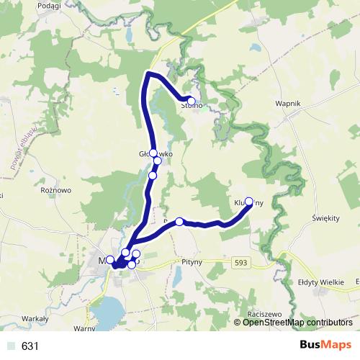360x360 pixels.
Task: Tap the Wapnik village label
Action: point(287,104)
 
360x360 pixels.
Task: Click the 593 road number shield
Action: point(242,264)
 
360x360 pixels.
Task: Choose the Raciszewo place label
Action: point(264,315)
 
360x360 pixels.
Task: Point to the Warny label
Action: point(84,328)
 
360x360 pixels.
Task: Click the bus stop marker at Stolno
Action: point(191,101)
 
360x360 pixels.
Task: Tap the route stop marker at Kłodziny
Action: point(249,202)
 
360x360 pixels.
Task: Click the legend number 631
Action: point(30,346)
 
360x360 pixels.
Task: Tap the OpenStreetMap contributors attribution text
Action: point(292,323)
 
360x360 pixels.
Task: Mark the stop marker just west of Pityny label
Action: point(179,222)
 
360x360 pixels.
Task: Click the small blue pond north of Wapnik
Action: point(256,49)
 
